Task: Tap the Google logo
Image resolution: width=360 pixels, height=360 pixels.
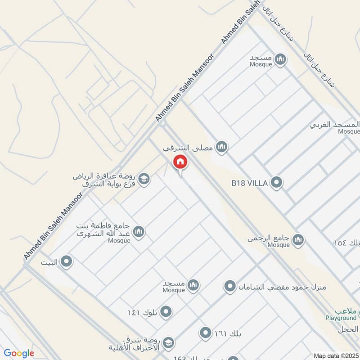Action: click(x=19, y=353)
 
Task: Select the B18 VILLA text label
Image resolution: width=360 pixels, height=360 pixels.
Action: click(x=250, y=183)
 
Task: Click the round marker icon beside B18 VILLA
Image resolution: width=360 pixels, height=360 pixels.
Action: click(x=277, y=183)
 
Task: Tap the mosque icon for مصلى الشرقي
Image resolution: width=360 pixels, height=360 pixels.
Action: click(x=221, y=147)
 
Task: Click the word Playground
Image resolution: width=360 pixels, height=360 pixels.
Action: click(x=341, y=318)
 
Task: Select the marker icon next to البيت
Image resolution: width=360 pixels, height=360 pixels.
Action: click(x=67, y=261)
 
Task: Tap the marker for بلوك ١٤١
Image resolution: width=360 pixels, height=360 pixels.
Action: click(x=166, y=312)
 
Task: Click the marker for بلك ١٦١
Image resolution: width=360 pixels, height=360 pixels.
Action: click(x=206, y=333)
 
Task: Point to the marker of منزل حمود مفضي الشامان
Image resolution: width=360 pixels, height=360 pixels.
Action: click(x=230, y=286)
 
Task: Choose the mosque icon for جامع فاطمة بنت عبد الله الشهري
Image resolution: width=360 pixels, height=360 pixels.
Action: click(x=139, y=232)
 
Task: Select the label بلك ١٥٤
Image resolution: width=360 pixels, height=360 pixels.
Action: click(x=347, y=242)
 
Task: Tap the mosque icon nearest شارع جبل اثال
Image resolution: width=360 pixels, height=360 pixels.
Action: click(x=280, y=59)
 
